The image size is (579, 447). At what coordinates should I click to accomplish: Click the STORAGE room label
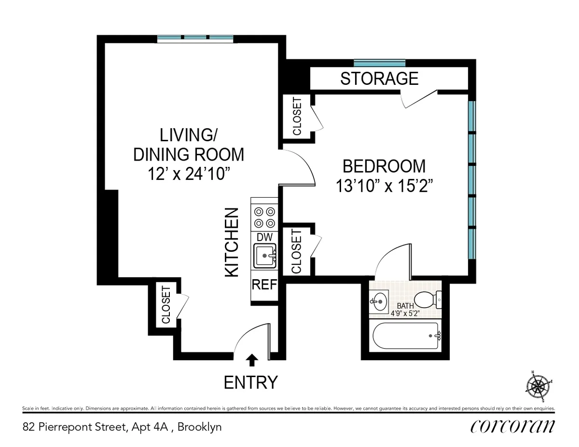[x=379, y=78]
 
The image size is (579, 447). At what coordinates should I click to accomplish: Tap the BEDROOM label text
[x=384, y=166]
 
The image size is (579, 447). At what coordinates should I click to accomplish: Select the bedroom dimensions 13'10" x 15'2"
[x=384, y=186]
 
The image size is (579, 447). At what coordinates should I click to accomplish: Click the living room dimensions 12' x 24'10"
[x=189, y=174]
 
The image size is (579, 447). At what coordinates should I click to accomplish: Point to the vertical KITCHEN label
[x=232, y=242]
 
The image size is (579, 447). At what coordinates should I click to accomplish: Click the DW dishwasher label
[x=264, y=237]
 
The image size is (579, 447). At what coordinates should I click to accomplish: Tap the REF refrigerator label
[x=264, y=284]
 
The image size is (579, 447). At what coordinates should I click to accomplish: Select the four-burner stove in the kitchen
[x=264, y=217]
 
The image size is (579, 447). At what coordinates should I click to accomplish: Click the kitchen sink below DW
[x=264, y=256]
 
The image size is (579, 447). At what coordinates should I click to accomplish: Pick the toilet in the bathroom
[x=427, y=300]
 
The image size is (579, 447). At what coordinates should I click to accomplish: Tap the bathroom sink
[x=379, y=302]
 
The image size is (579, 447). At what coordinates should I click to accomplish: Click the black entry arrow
[x=252, y=360]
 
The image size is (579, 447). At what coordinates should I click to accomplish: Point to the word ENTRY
[x=251, y=382]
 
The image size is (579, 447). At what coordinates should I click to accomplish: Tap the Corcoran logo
[x=512, y=426]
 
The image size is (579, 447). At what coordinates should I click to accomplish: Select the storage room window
[x=379, y=63]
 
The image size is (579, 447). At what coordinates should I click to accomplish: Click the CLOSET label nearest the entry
[x=166, y=305]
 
